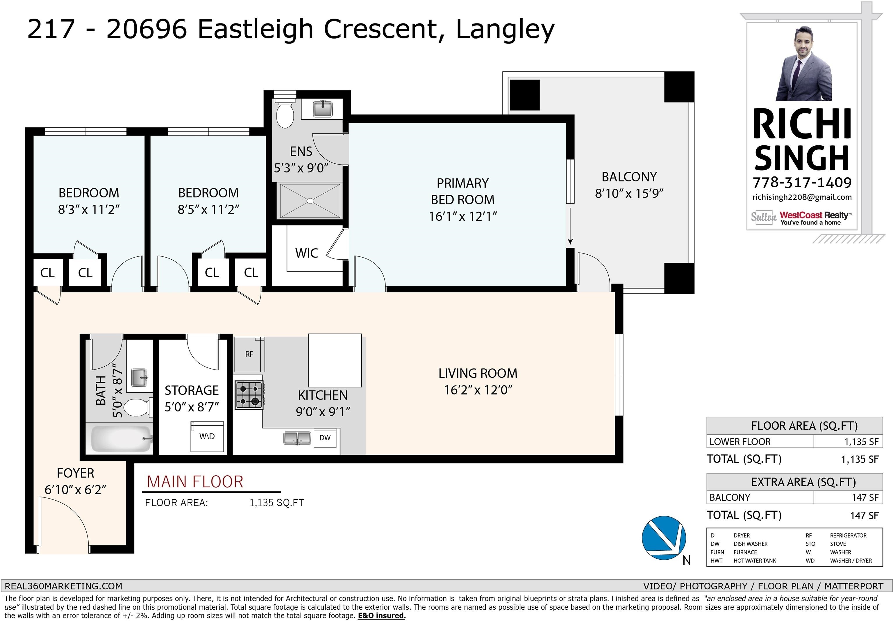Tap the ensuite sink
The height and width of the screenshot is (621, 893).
tap(322, 108)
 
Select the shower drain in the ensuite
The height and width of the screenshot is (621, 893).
tap(310, 201)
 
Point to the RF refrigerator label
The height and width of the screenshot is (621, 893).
tap(249, 354)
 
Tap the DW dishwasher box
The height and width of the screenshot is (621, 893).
tap(325, 438)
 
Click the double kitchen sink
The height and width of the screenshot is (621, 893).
tap(297, 438)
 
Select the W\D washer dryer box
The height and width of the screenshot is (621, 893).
tap(207, 436)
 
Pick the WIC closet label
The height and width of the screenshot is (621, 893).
tap(306, 253)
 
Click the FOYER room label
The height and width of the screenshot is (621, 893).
tap(76, 473)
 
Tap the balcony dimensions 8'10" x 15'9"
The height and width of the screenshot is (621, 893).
tap(629, 193)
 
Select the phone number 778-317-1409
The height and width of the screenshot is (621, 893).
tap(802, 182)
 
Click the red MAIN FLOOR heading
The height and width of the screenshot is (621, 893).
tap(195, 482)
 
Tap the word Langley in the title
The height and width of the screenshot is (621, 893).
tap(505, 30)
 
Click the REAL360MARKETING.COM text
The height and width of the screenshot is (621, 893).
tap(63, 586)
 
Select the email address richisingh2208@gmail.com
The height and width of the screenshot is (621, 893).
tap(802, 197)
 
